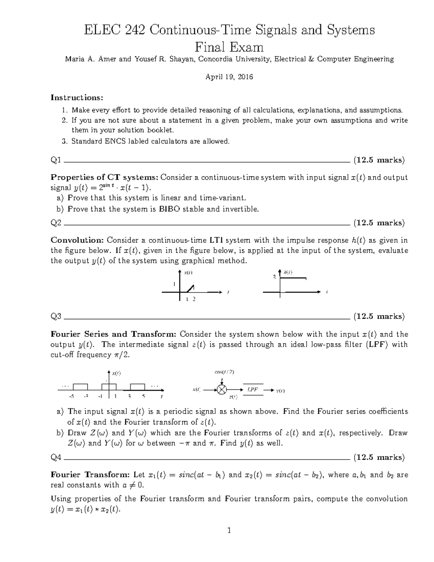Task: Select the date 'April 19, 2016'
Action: (229, 77)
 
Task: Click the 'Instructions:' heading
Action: (77, 98)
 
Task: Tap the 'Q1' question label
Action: (56, 160)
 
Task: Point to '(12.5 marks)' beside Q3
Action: (379, 316)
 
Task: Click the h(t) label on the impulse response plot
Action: (288, 272)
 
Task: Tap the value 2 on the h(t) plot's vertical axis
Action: (274, 277)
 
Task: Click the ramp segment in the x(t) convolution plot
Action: (190, 288)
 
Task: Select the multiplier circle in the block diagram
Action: (222, 390)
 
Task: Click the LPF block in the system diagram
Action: (252, 390)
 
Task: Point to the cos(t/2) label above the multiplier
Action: (224, 372)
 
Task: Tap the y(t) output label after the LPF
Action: (280, 390)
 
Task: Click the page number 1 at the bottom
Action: (229, 531)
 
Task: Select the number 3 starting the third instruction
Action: (64, 141)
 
